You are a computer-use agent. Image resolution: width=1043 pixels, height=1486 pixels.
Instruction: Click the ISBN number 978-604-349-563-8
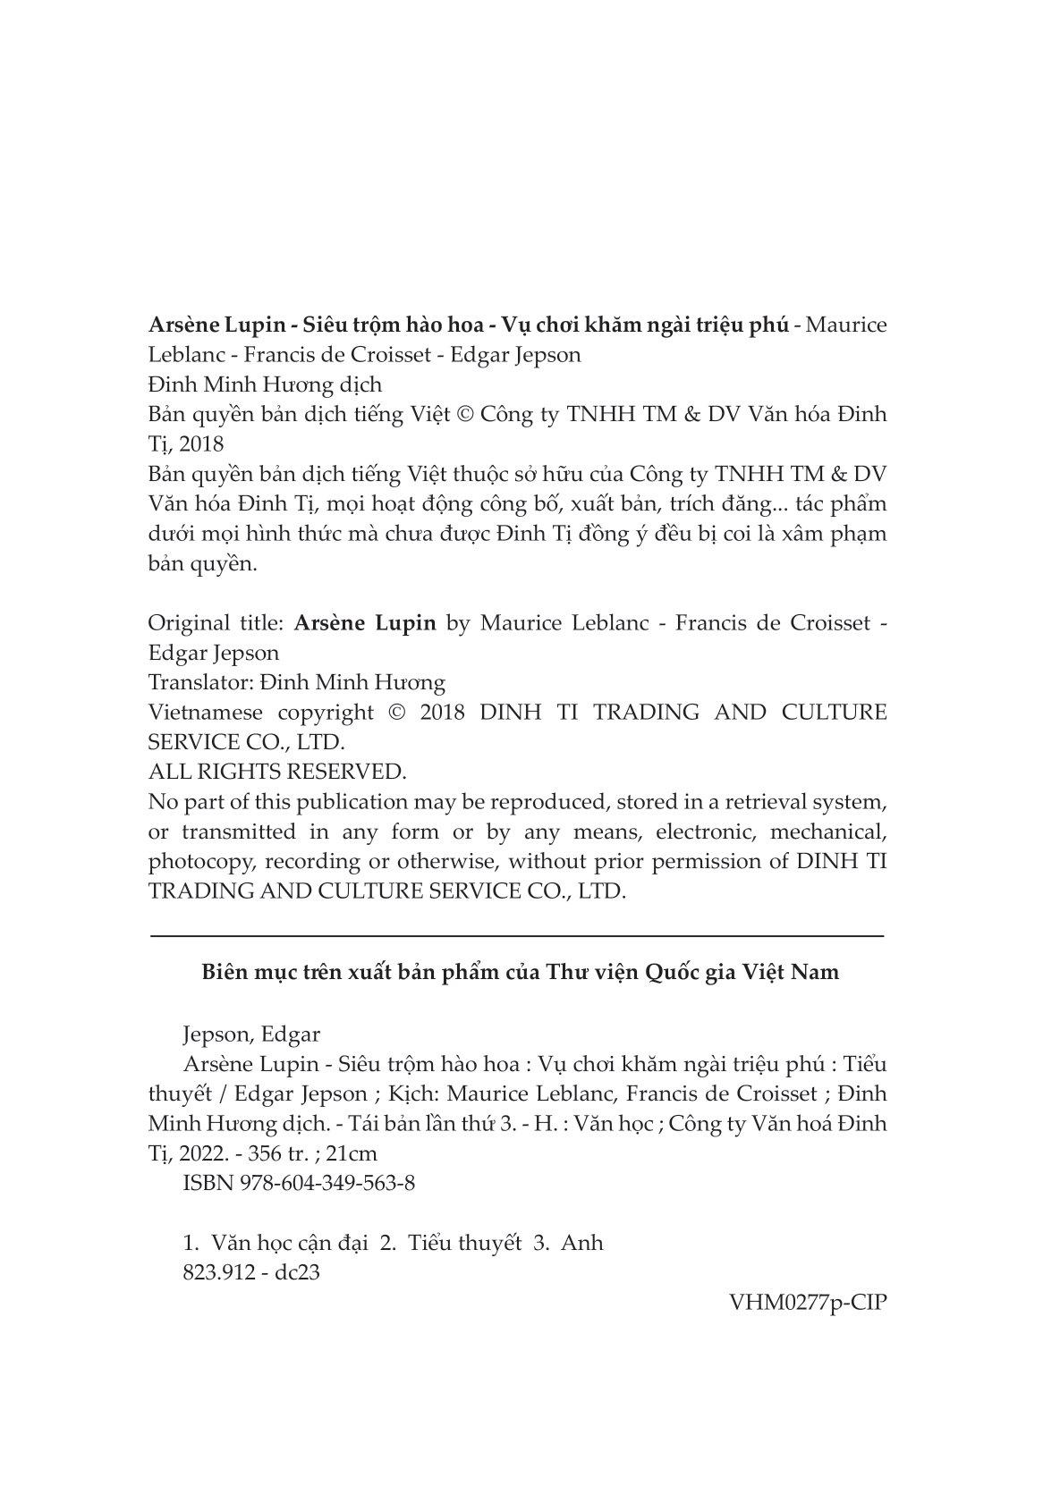(x=327, y=1183)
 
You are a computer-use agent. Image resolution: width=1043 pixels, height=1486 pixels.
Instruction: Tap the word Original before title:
(x=182, y=623)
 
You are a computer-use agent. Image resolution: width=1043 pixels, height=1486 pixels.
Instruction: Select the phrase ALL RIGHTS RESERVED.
(x=276, y=772)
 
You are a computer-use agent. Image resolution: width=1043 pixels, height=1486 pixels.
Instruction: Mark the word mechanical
(x=827, y=832)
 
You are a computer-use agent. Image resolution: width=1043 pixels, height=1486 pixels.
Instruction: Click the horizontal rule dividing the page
(x=517, y=935)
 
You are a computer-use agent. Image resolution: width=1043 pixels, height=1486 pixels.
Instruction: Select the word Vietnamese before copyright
(x=205, y=713)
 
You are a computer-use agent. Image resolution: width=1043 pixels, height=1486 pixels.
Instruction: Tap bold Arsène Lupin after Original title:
(x=364, y=623)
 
